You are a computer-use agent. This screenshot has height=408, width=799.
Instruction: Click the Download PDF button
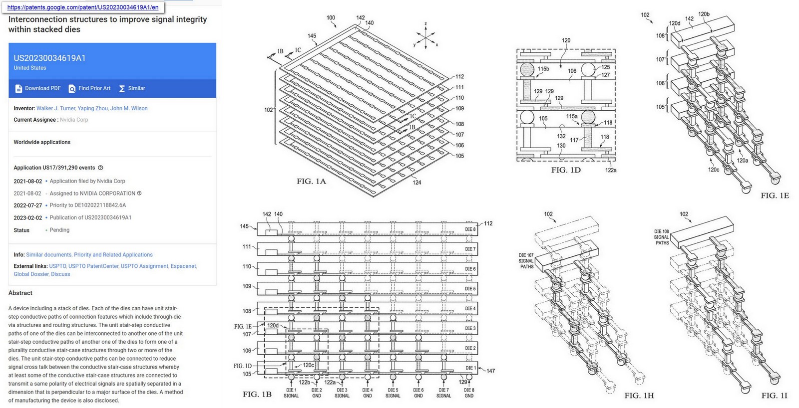tap(38, 88)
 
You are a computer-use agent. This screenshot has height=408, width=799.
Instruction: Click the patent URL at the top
tap(82, 7)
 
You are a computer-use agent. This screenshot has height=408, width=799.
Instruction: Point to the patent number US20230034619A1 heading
tap(49, 58)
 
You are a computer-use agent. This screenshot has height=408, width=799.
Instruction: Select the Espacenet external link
tap(183, 266)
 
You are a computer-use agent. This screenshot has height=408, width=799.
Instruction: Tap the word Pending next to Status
tap(59, 230)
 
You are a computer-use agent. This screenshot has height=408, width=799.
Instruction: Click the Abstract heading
tap(20, 293)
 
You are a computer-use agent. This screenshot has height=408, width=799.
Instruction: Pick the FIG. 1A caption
tap(311, 181)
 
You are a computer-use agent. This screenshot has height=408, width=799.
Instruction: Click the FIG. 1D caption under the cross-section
tap(565, 170)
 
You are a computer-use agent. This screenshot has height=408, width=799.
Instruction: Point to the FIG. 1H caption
tap(639, 396)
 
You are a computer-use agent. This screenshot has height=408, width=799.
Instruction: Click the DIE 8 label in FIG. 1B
tap(470, 229)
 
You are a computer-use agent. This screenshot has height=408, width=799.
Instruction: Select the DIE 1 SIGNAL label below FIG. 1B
tap(291, 393)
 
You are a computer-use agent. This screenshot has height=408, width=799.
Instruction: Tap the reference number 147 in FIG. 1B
tap(490, 371)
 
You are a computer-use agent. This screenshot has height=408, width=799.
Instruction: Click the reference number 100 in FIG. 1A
tap(331, 17)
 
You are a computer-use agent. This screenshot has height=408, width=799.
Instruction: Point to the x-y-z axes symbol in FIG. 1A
tap(425, 37)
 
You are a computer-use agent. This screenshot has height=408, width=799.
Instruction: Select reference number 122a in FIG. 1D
tap(611, 170)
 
